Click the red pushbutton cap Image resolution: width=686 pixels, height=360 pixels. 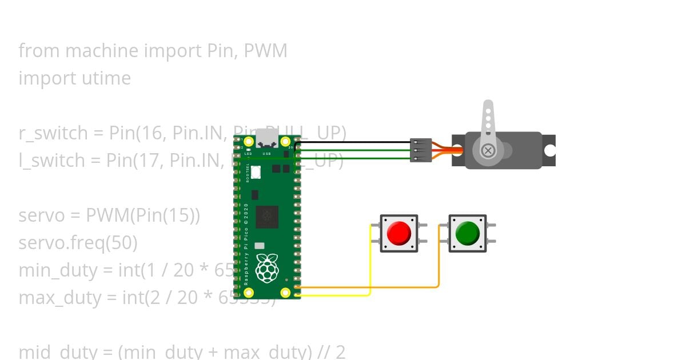(399, 233)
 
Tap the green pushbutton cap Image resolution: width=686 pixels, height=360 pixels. (468, 233)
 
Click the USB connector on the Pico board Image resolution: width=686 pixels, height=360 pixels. (267, 139)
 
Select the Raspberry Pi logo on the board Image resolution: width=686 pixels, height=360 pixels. (267, 269)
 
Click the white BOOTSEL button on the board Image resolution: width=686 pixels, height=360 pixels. (256, 171)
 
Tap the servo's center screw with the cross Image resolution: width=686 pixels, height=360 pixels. (488, 151)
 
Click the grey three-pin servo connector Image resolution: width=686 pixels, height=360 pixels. (421, 150)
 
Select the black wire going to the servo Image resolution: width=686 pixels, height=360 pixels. (354, 142)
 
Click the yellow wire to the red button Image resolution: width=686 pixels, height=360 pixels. (370, 263)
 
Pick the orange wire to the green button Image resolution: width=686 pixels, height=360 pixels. (438, 263)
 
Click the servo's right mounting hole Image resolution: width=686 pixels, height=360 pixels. (549, 151)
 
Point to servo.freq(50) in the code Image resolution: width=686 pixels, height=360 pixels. (78, 243)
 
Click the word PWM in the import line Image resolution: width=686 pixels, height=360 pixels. (265, 51)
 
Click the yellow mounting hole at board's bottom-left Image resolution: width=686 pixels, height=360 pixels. (249, 293)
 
